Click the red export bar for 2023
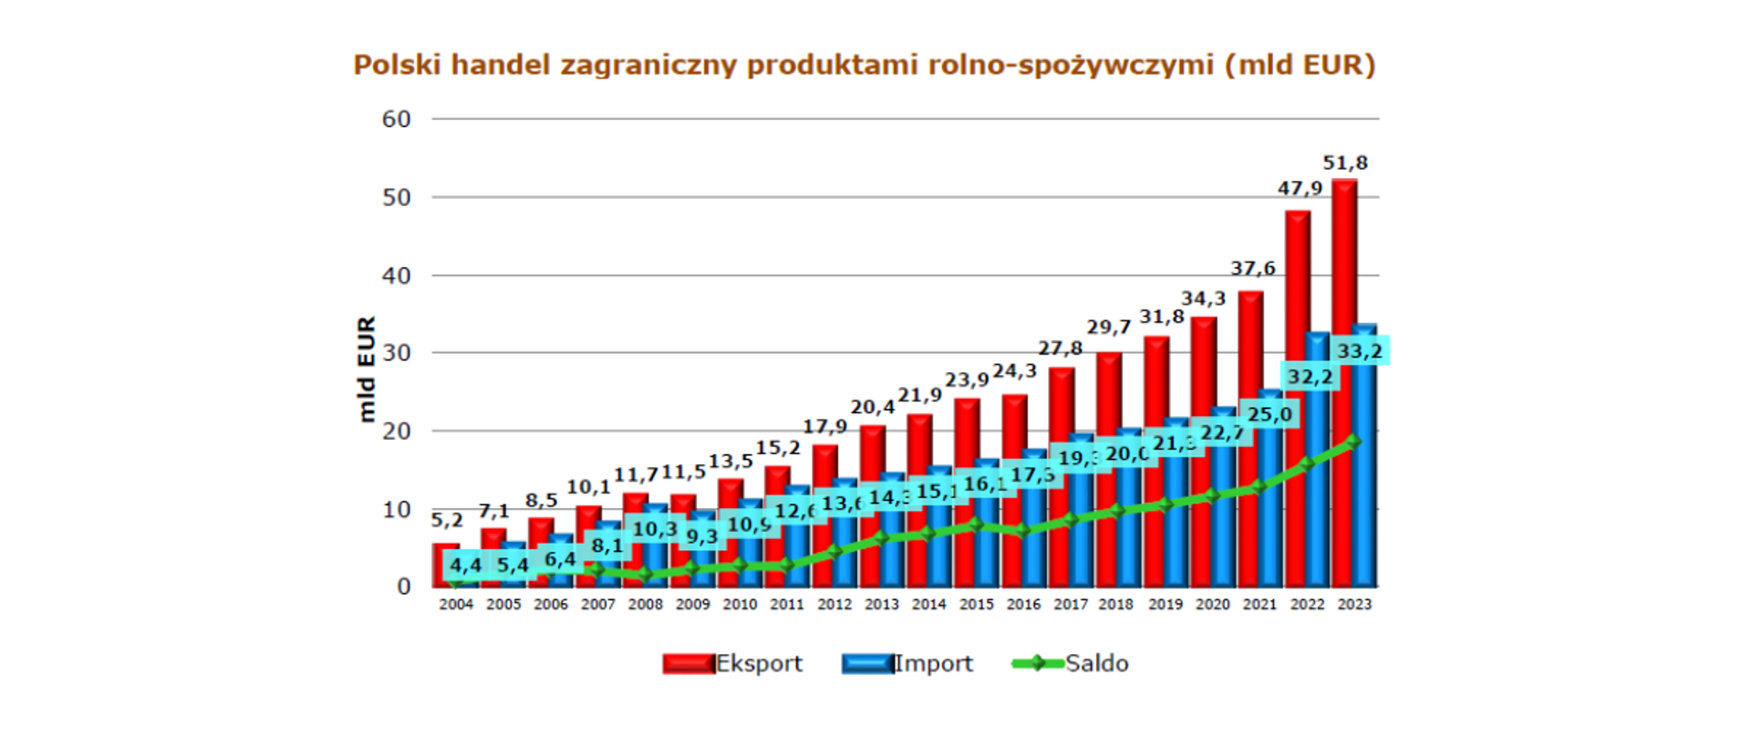point(1343,274)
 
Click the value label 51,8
point(1345,163)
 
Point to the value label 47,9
point(1300,189)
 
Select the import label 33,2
point(1359,351)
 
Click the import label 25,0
point(1269,415)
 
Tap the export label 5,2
point(447,520)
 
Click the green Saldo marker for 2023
point(1352,442)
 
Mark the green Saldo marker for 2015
point(975,525)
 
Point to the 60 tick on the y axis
point(397,120)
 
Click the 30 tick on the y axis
point(397,353)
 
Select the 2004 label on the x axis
point(456,604)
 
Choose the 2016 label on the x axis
point(1023,604)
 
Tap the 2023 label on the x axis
point(1354,604)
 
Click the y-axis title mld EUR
point(367,369)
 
